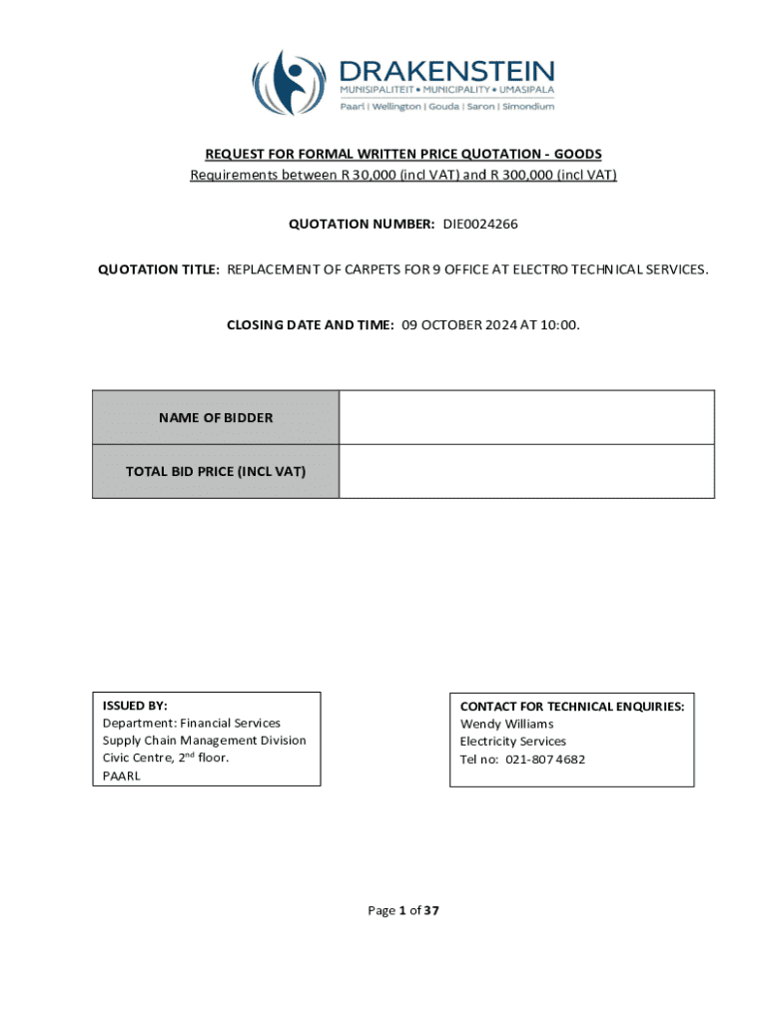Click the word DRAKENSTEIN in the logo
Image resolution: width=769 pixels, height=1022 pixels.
(x=446, y=71)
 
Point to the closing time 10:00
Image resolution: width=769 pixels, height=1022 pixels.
(x=559, y=324)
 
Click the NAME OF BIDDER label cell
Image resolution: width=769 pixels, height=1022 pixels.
(x=216, y=418)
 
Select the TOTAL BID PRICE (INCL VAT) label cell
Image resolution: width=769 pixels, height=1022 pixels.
(x=216, y=471)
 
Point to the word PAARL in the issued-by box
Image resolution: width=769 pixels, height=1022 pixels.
(x=122, y=775)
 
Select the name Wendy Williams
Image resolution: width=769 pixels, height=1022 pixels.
(x=506, y=724)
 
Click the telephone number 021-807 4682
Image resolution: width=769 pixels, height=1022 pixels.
(x=537, y=760)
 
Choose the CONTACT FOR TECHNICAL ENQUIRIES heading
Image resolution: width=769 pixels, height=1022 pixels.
(x=571, y=706)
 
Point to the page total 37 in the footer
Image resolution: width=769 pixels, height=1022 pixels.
(x=431, y=910)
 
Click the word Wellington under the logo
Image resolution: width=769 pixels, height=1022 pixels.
(x=397, y=107)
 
